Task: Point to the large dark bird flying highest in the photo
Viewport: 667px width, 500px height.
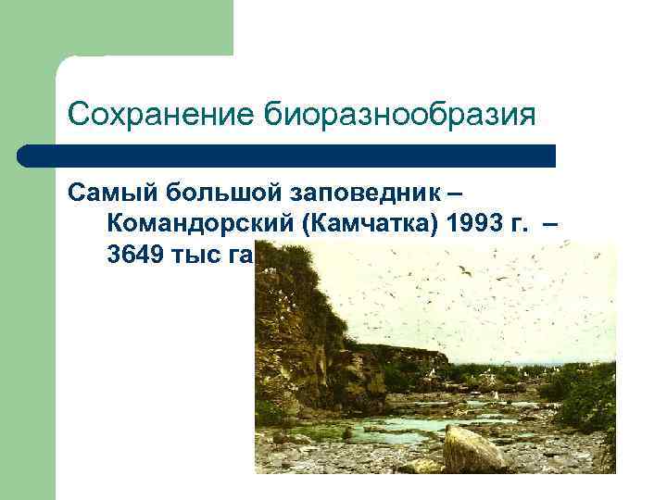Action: click(x=465, y=270)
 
